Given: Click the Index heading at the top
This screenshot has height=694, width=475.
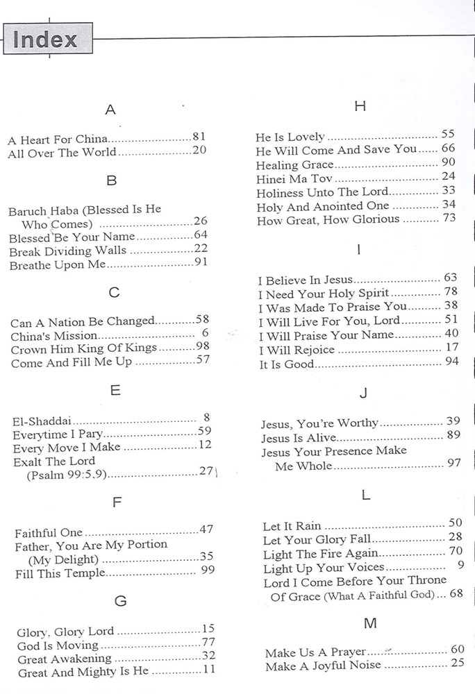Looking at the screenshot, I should [45, 39].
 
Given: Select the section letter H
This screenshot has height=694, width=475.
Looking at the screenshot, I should [359, 106].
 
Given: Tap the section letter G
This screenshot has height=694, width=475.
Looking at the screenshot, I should [120, 601].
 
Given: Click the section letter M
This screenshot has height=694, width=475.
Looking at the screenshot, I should [370, 623].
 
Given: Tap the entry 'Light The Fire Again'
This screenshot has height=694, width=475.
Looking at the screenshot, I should [321, 553].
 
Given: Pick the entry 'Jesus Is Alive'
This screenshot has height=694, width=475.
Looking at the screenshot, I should [299, 438].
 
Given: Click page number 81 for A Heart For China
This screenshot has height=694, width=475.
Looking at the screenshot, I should [199, 137].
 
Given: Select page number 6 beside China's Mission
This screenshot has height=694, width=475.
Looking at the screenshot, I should [205, 333].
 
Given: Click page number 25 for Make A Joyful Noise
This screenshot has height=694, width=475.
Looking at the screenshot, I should [456, 663].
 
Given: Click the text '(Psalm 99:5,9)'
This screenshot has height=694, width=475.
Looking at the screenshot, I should [71, 475].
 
